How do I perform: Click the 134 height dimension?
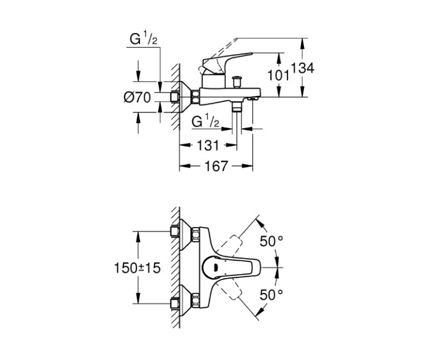point(304,69)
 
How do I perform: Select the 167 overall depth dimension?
point(216,166)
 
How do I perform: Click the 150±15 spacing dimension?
point(140,268)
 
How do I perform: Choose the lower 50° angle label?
point(271,294)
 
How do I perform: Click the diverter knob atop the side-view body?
point(239,81)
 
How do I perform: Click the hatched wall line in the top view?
point(176,268)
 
